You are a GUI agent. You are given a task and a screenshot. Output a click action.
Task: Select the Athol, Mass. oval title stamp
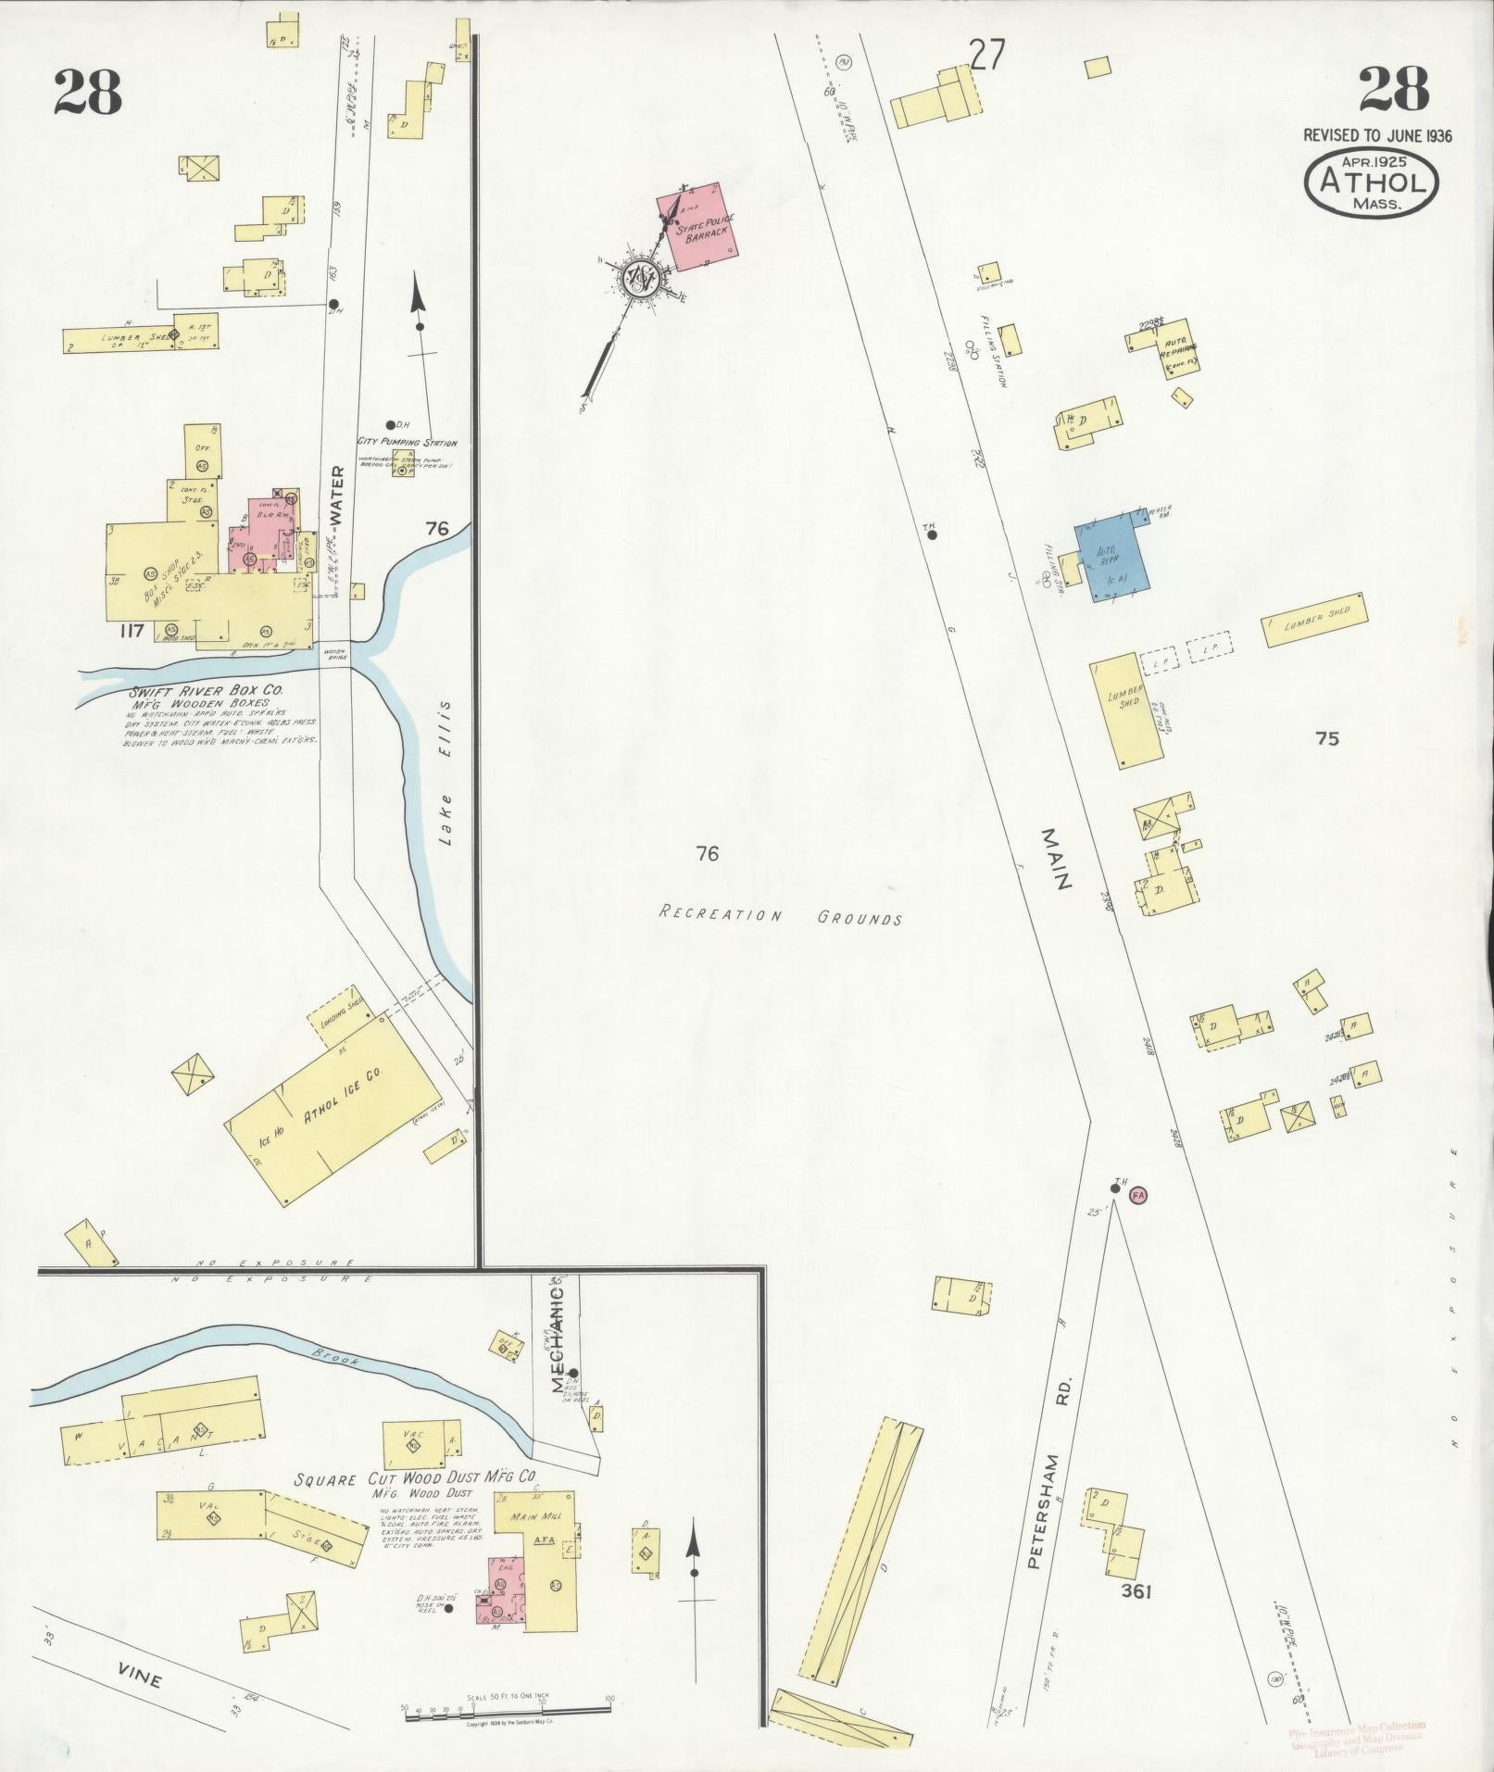click(1371, 182)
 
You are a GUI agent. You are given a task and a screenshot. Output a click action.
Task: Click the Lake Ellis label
click(447, 773)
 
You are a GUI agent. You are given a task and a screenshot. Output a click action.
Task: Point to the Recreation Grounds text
click(780, 916)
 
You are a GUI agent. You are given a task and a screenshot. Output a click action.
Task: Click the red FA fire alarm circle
click(1138, 1195)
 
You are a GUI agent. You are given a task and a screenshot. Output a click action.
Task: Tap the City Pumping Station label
click(407, 443)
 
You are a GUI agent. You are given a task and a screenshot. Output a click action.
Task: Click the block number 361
click(1135, 1591)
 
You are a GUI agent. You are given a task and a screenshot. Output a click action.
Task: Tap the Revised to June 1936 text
click(1377, 135)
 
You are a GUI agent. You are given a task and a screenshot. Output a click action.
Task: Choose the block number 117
click(131, 631)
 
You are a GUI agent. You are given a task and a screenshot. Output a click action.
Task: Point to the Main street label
click(1055, 859)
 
